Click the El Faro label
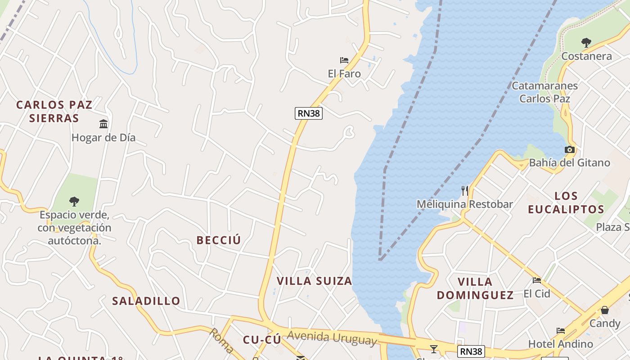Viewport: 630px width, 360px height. pos(344,74)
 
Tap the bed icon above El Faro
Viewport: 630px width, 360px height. pos(344,60)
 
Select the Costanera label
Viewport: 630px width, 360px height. pos(586,56)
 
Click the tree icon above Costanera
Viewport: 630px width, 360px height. pos(586,43)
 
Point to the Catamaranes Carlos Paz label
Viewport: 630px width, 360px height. pos(544,92)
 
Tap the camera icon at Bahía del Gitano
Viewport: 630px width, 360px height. pos(570,149)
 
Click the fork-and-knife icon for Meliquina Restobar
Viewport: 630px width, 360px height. pos(465,191)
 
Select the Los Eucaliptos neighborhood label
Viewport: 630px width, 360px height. pos(566,202)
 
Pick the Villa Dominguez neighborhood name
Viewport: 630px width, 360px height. pos(475,288)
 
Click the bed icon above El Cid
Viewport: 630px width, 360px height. pos(537,280)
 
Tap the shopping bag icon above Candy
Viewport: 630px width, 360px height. pos(605,310)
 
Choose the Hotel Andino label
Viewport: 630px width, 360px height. pos(560,344)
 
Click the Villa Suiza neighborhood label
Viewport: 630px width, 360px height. pos(314,281)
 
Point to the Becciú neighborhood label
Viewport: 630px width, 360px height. pos(219,240)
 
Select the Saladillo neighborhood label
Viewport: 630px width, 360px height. pos(146,301)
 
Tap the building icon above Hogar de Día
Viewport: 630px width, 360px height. pos(103,124)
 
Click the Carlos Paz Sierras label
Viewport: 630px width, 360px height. pos(54,112)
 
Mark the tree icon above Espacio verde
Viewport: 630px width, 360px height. pos(74,202)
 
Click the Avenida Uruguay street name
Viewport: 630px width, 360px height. pos(332,338)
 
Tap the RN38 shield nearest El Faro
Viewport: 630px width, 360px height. pos(309,113)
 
